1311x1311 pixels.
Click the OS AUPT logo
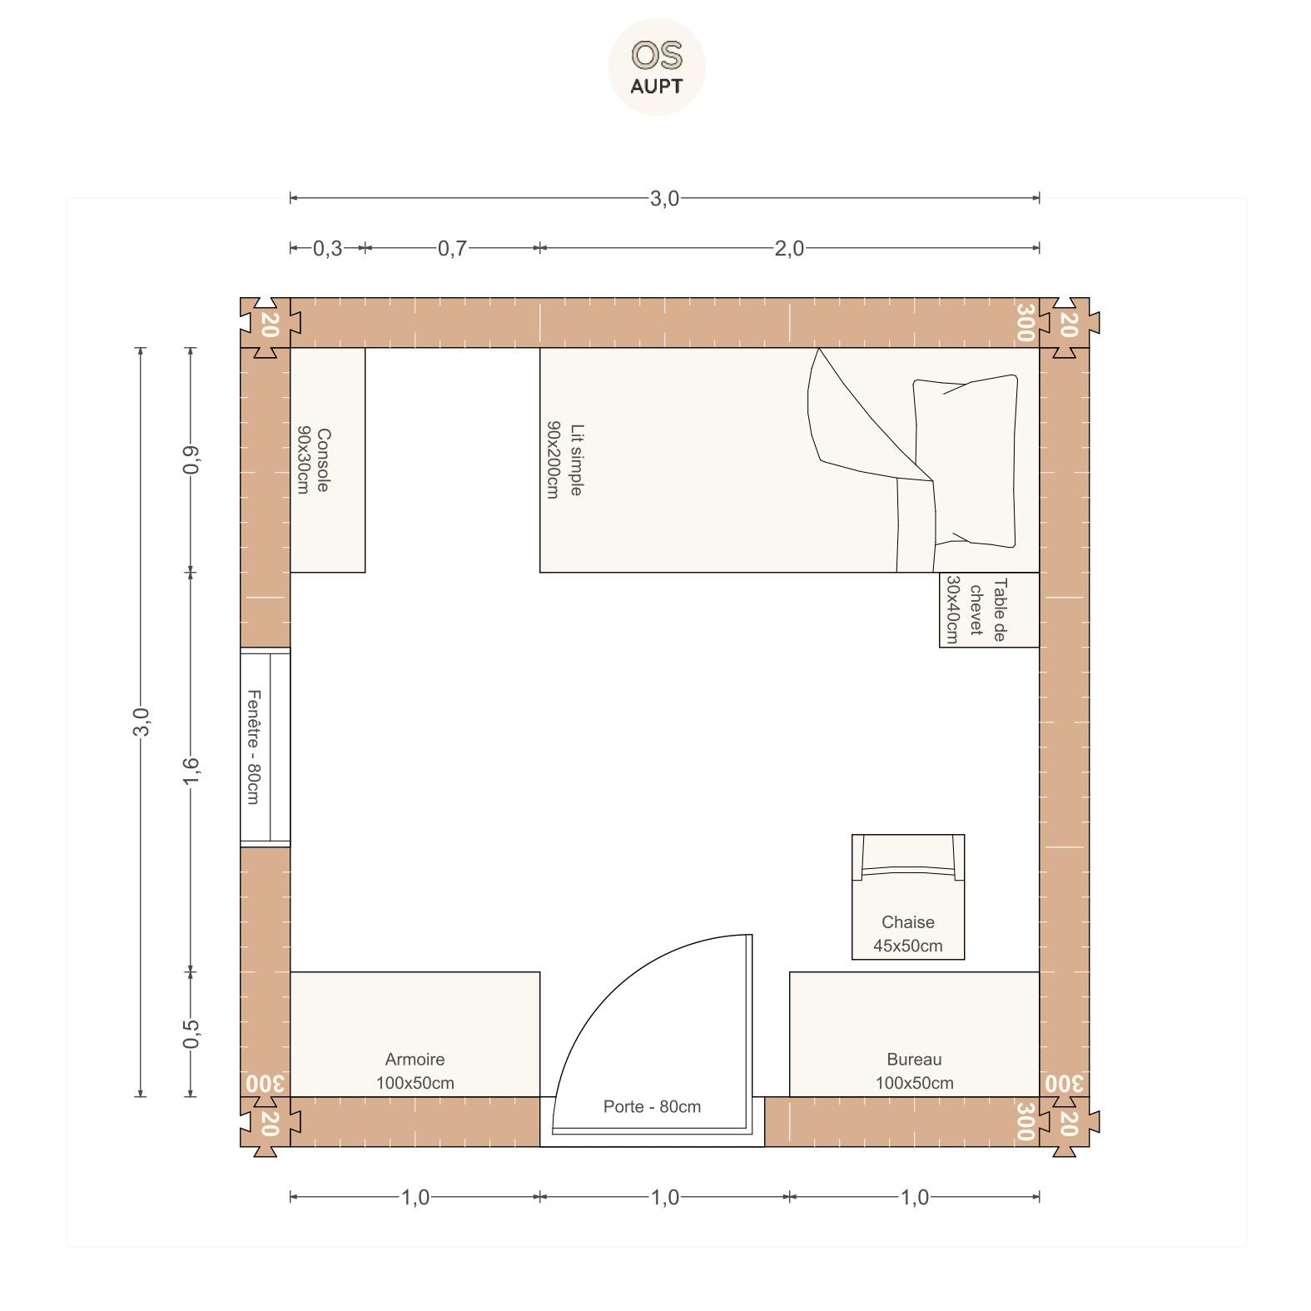(657, 67)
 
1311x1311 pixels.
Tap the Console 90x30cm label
(313, 460)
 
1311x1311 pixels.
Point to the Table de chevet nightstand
(989, 609)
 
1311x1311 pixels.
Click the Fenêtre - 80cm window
(266, 747)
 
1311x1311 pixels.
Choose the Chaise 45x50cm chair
(908, 896)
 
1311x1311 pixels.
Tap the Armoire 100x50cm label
(415, 1071)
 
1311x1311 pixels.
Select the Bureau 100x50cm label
(914, 1071)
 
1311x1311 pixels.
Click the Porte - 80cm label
(652, 1106)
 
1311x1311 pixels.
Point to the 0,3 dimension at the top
(327, 248)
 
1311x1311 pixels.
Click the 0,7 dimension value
(452, 248)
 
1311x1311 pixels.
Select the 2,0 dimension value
(789, 248)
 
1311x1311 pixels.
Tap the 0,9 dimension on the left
(191, 459)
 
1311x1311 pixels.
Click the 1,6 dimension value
(191, 772)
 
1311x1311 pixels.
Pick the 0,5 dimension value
(191, 1034)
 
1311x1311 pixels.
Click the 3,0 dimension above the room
(664, 198)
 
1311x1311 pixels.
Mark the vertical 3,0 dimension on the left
(142, 722)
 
